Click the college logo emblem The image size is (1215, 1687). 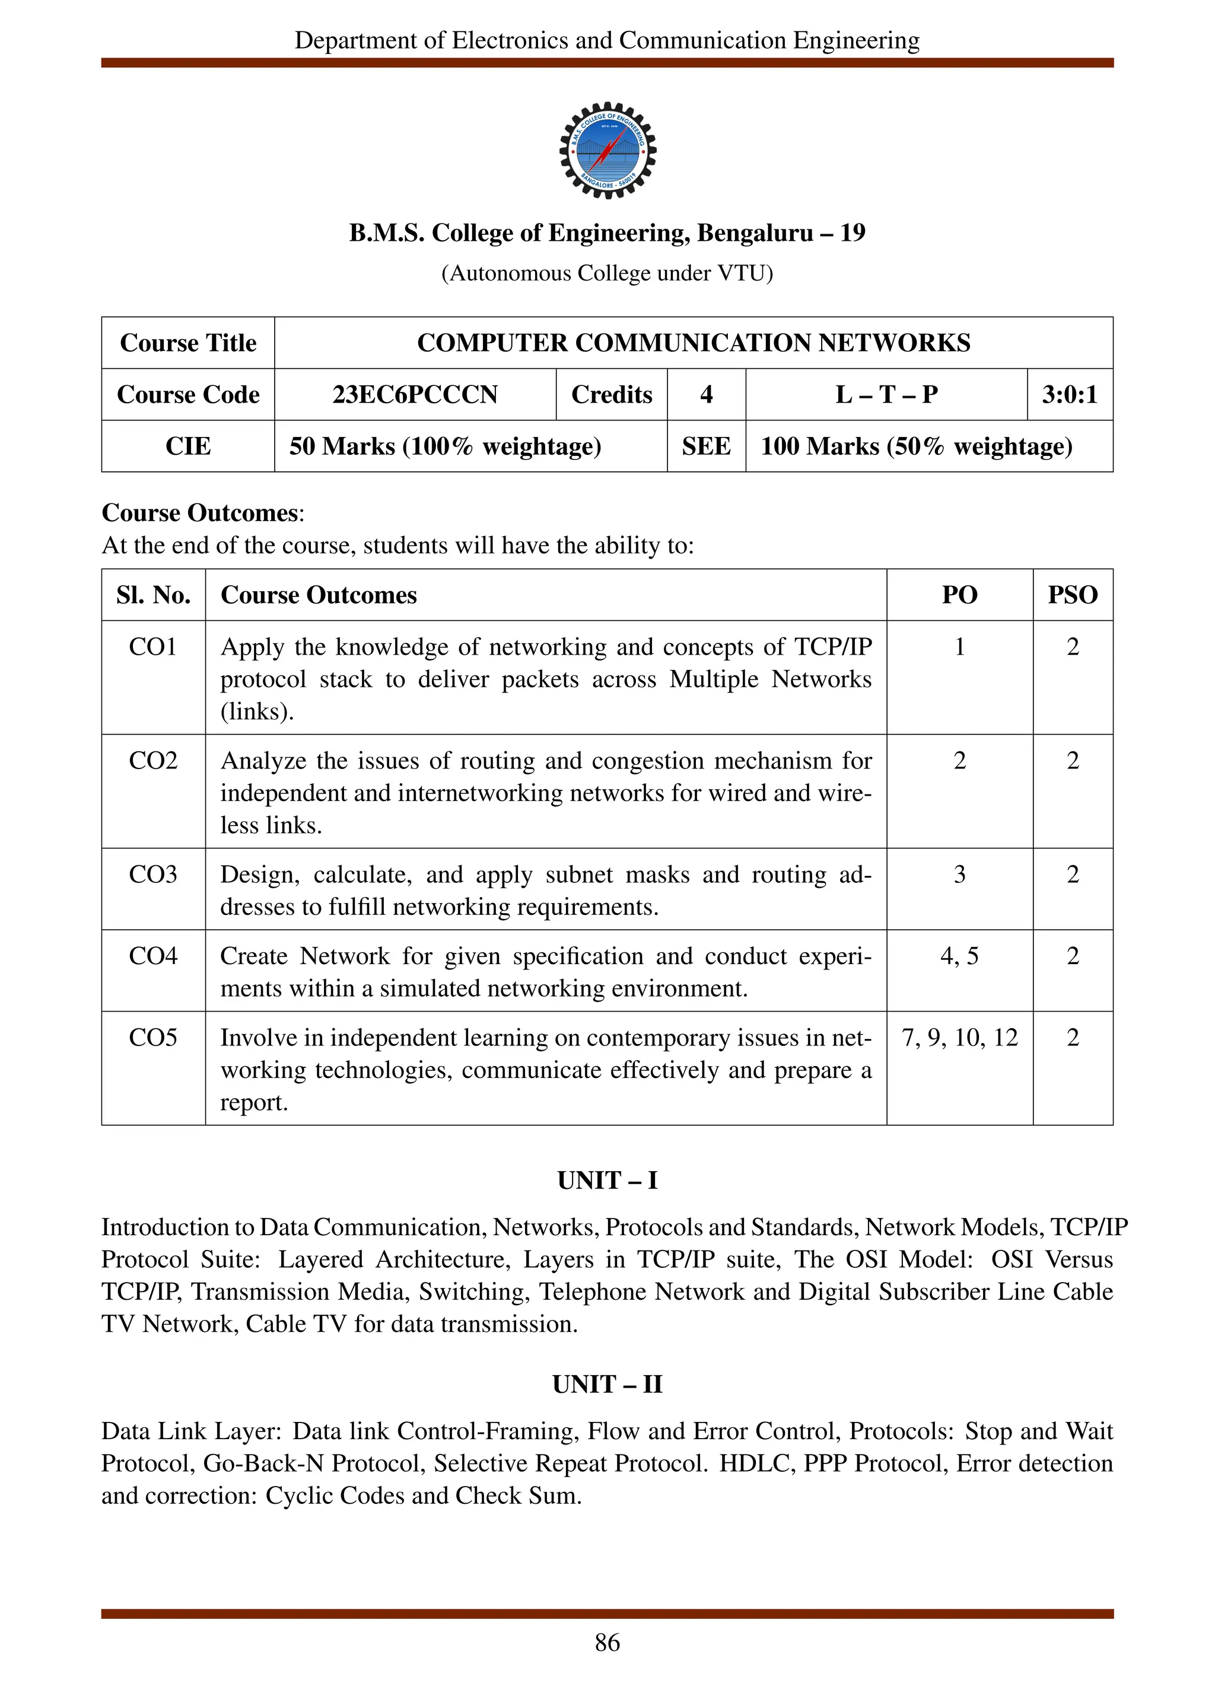coord(607,150)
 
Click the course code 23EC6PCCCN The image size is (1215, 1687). coord(415,394)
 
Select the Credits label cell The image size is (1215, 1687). coord(611,394)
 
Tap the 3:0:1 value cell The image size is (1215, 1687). coord(1069,394)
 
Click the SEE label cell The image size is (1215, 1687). coord(705,447)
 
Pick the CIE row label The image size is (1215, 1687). coord(187,447)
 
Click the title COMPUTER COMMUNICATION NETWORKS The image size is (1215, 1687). coord(693,343)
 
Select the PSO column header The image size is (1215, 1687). coord(1072,595)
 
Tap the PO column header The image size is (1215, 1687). coord(959,595)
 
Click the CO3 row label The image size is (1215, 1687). coord(152,874)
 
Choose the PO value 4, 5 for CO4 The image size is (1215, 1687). coord(959,956)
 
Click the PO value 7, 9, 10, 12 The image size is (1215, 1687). coord(959,1038)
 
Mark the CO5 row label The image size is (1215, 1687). coord(152,1038)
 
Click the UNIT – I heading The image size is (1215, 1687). coord(607,1181)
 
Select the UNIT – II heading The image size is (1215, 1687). coord(607,1384)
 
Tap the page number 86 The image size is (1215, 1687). coord(607,1643)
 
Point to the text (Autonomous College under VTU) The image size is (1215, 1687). coord(607,274)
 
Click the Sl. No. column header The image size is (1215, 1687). coord(152,595)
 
